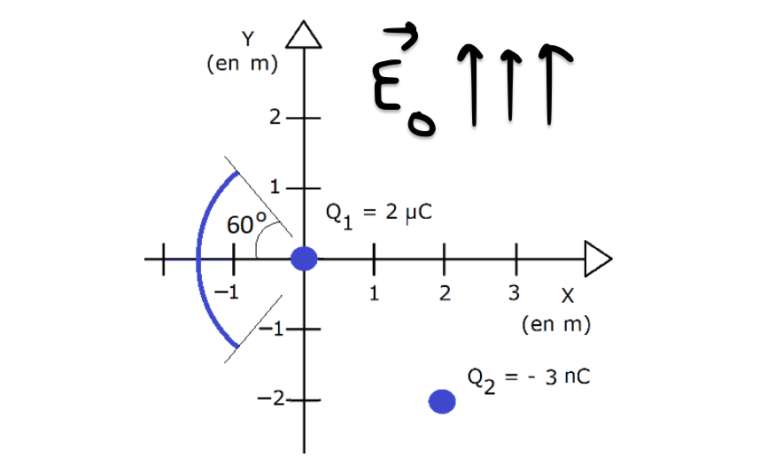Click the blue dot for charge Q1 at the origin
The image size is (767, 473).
click(304, 259)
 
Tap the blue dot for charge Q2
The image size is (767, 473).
click(442, 402)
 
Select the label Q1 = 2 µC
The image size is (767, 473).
click(378, 216)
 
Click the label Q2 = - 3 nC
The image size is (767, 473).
click(528, 377)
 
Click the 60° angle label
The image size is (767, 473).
click(246, 225)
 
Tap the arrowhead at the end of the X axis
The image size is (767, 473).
click(598, 259)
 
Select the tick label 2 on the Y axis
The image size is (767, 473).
click(276, 117)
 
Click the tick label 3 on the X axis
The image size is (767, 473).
click(514, 292)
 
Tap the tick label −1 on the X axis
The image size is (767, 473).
click(229, 292)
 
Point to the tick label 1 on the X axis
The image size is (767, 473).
click(375, 292)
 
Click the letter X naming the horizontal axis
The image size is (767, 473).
click(569, 296)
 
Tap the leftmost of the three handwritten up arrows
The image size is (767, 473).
click(469, 84)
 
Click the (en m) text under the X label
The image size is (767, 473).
click(556, 324)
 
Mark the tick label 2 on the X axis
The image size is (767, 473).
click(445, 292)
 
